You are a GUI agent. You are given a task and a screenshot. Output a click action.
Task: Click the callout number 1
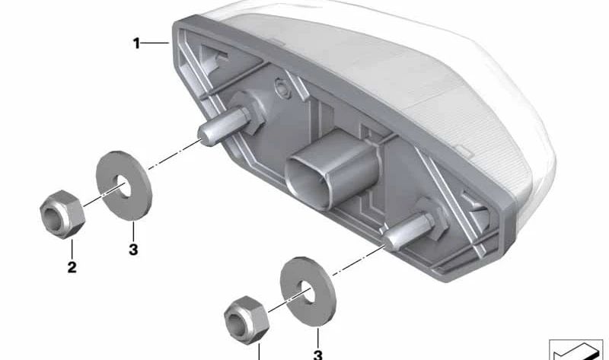[x=136, y=44]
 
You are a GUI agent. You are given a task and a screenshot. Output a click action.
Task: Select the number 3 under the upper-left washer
[x=132, y=248]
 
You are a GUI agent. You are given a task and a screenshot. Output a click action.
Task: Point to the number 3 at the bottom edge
[x=318, y=354]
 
